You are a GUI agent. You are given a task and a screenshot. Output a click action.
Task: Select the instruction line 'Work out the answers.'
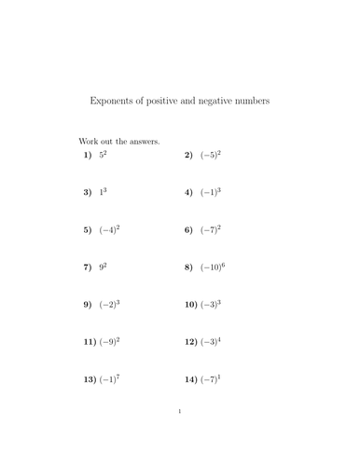(118, 142)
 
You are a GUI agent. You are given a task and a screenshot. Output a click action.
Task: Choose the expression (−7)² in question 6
(209, 229)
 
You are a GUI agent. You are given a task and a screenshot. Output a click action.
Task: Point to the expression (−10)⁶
(212, 267)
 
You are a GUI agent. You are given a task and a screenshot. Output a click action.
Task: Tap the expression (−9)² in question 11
(110, 342)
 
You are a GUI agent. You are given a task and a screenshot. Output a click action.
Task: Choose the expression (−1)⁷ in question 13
(110, 380)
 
